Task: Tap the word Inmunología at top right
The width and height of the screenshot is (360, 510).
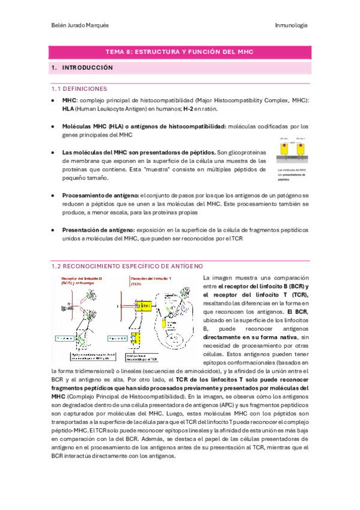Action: coord(291,26)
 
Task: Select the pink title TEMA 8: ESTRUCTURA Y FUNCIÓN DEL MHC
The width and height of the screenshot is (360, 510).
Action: coord(180,52)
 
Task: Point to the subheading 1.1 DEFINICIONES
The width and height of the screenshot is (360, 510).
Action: coord(79,88)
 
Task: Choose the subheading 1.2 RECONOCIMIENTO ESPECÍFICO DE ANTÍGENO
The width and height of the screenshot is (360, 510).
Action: coord(127,266)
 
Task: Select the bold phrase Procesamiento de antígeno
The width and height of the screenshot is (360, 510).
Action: coord(100,197)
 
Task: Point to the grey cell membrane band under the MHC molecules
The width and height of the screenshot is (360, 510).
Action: coord(291,159)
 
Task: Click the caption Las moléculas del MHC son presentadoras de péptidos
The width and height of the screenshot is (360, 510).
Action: coord(290,174)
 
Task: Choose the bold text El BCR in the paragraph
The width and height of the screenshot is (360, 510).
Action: coord(297,312)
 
